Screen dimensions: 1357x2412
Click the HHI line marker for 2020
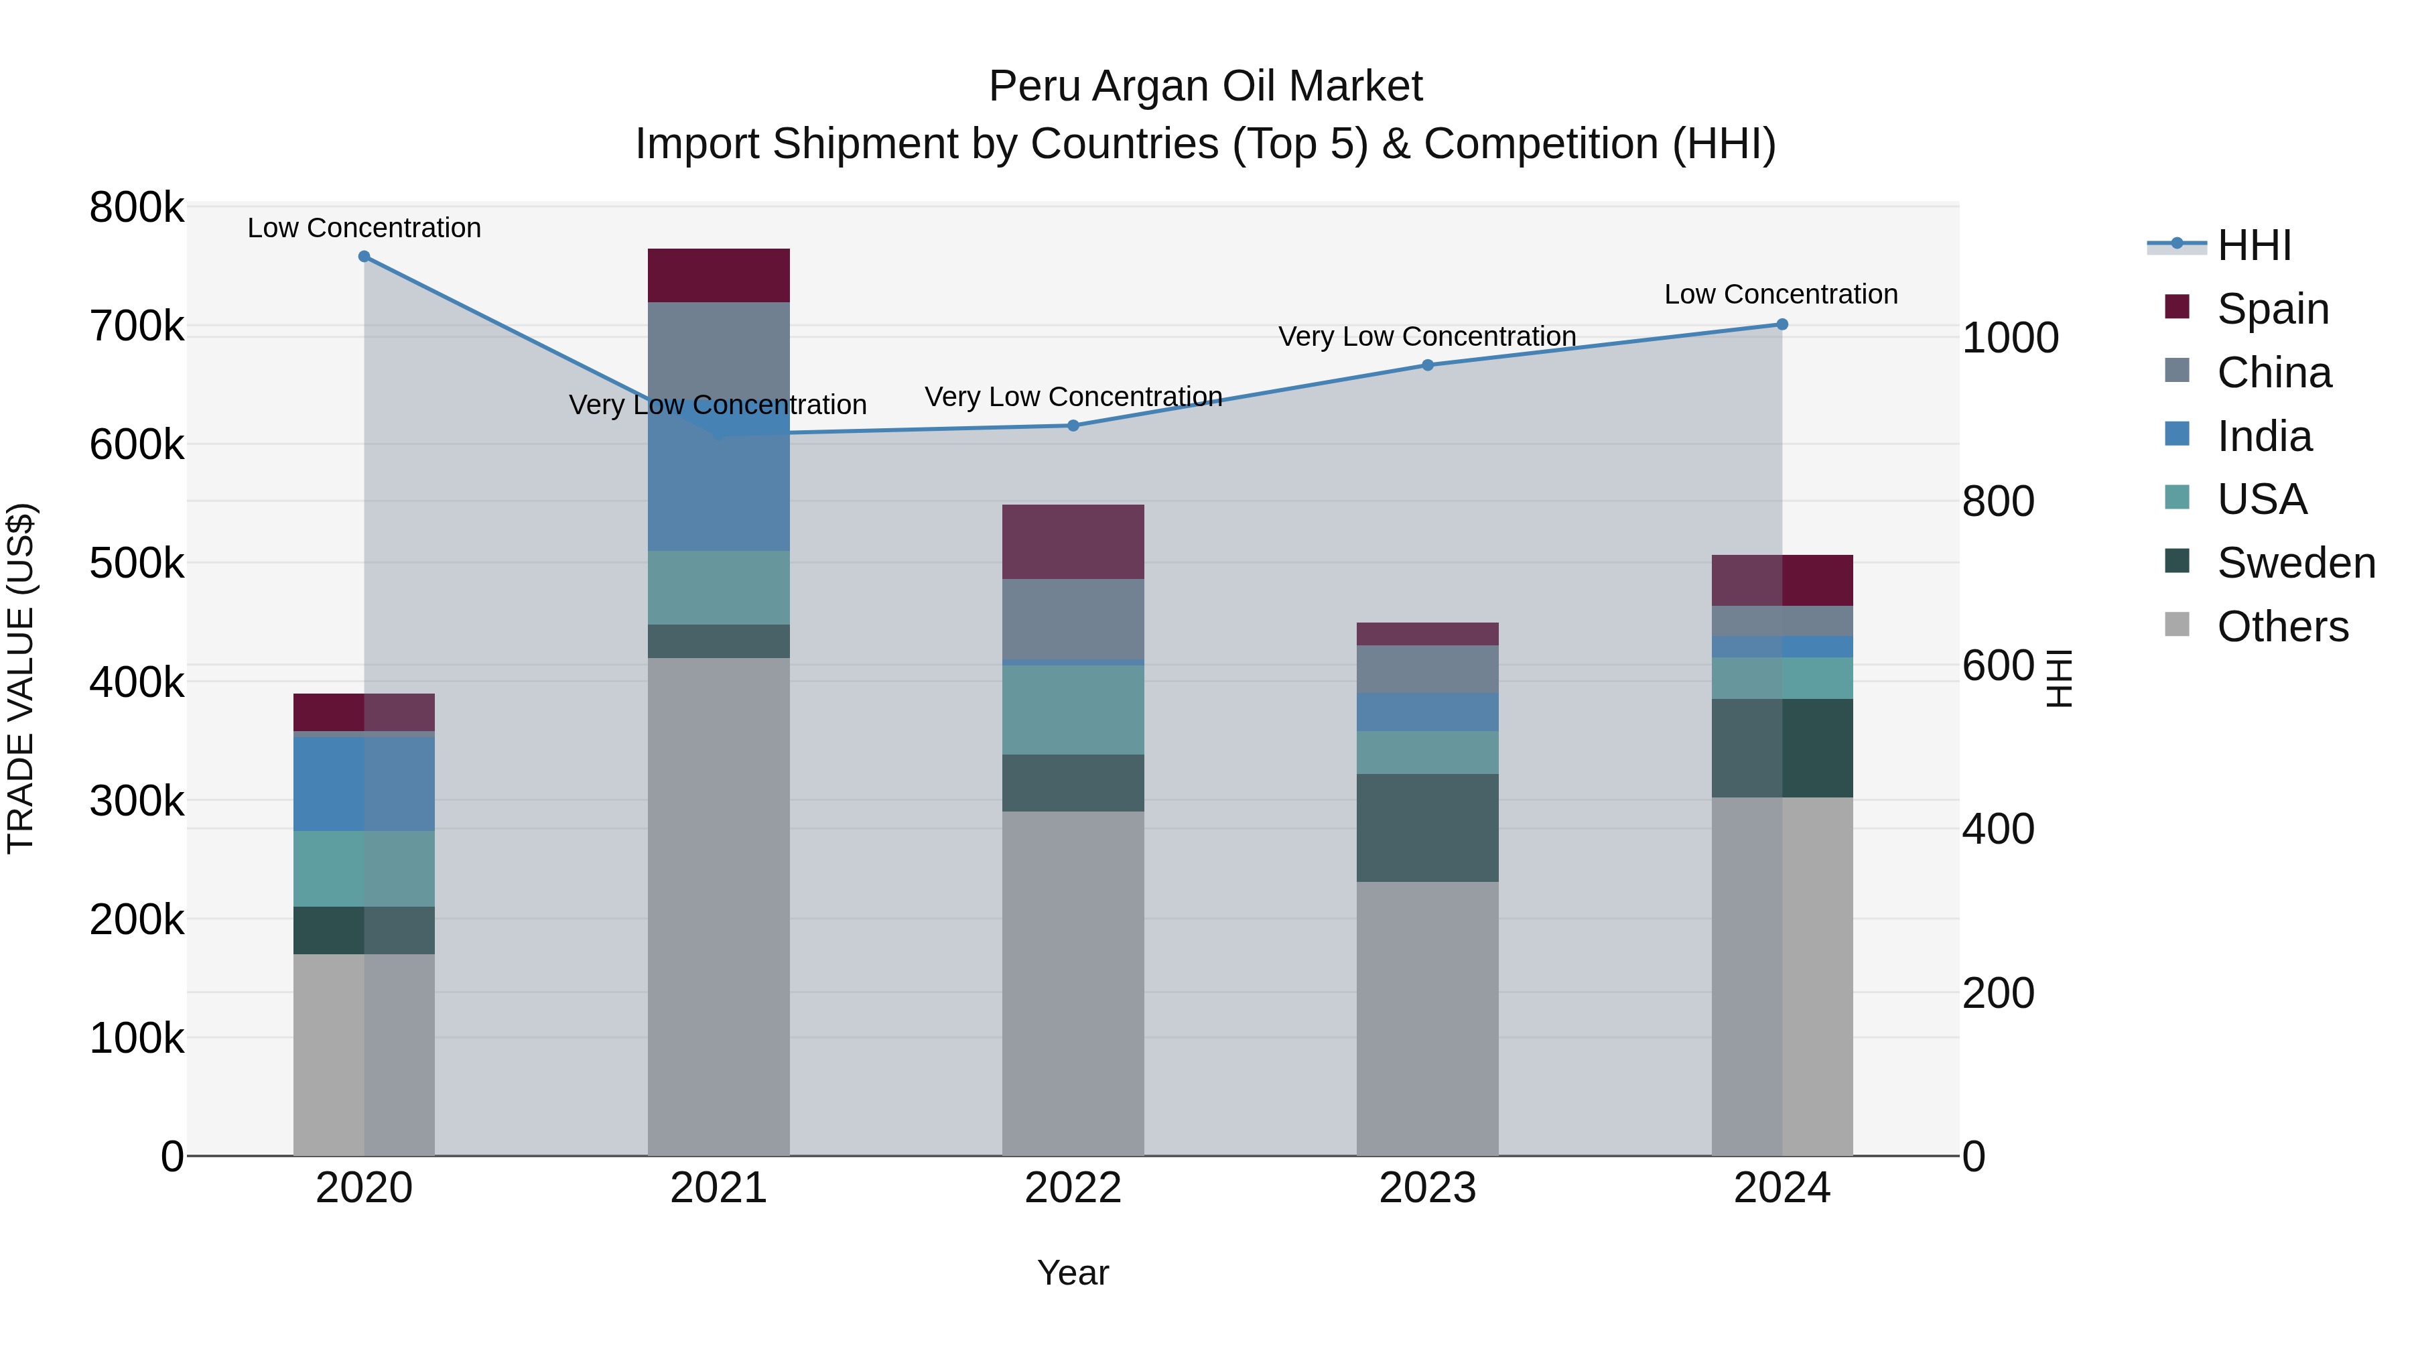tap(364, 257)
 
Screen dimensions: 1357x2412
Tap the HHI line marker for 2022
tap(1073, 426)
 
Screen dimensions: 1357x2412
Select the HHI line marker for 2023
tap(1428, 365)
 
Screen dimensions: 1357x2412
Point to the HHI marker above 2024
tap(1782, 325)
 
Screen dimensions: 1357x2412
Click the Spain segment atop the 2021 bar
tap(718, 275)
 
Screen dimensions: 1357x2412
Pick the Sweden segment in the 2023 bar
tap(1428, 828)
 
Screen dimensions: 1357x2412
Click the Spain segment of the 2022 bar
tap(1073, 541)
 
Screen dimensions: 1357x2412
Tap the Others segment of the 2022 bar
tap(1073, 983)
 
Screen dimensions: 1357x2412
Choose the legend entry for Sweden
tap(2294, 563)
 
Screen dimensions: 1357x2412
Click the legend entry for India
tap(2263, 436)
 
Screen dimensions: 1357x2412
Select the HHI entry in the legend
tap(2252, 245)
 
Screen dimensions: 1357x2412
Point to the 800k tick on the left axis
tap(137, 208)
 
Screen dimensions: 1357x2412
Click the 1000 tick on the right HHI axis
tap(2009, 338)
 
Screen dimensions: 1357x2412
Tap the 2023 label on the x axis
tap(1428, 1188)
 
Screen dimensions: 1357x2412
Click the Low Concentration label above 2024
tap(1781, 294)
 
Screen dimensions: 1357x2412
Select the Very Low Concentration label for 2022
tap(1073, 397)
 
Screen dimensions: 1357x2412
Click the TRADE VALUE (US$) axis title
tap(21, 678)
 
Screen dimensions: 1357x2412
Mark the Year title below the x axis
tap(1073, 1273)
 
